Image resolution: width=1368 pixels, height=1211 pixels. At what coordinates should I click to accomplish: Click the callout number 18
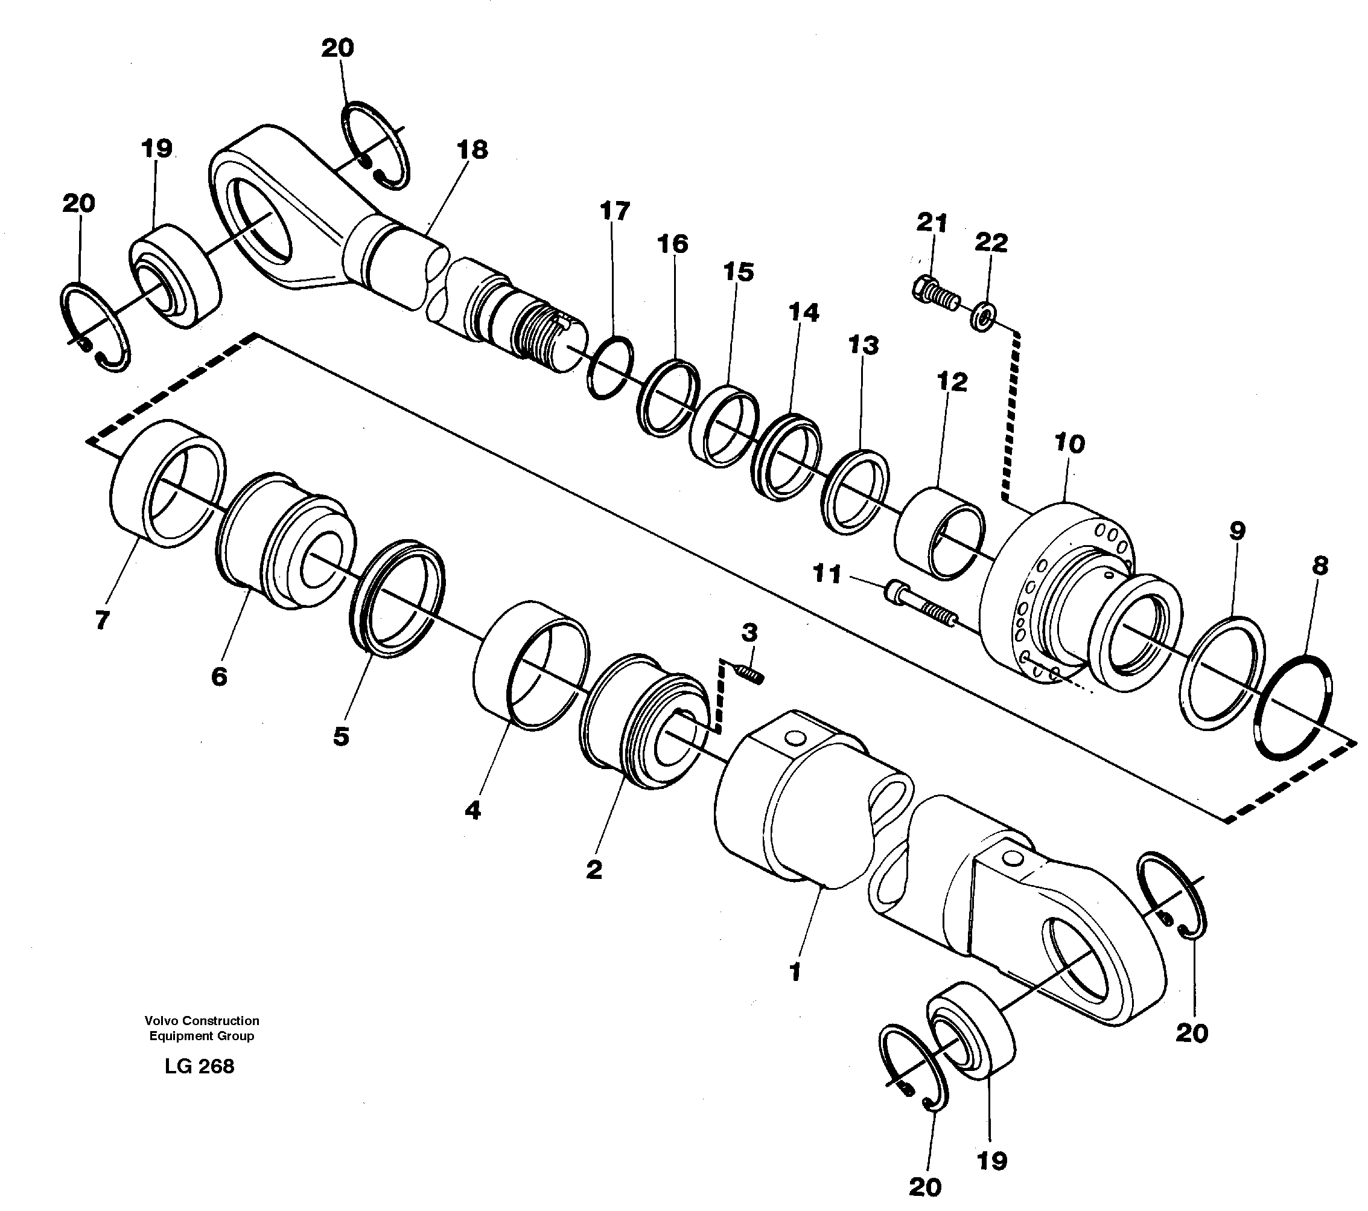(472, 150)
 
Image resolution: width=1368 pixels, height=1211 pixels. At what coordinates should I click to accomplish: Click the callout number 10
(1069, 443)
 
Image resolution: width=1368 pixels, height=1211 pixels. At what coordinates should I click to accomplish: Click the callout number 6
(219, 676)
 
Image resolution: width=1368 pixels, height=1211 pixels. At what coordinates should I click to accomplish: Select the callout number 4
(472, 811)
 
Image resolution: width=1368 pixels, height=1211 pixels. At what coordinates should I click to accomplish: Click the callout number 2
(593, 869)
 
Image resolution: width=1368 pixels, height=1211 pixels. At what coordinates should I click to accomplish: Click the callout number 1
(795, 972)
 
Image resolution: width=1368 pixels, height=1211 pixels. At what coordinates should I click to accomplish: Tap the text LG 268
(200, 1066)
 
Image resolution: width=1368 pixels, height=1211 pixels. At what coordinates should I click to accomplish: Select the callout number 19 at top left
(157, 149)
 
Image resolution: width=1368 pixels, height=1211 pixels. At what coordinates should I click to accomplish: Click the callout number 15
(738, 272)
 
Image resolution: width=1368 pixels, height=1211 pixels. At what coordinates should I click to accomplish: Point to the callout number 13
(863, 345)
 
